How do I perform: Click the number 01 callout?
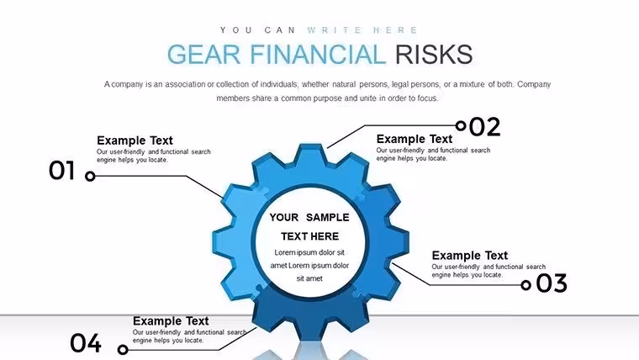coord(62,171)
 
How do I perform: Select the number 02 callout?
coord(484,127)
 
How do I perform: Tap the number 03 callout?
coord(552,283)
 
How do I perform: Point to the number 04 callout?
coord(86,343)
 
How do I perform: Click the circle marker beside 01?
coord(90,176)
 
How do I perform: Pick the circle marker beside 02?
coord(461,125)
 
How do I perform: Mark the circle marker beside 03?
coord(526,285)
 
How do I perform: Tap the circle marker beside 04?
coord(123,349)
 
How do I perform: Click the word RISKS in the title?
coord(434,55)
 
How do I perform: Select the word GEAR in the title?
coord(203,55)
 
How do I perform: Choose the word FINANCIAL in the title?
coord(318,55)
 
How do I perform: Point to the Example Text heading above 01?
coord(135,140)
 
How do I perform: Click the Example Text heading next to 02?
coord(415,139)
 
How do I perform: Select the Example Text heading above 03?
coord(470,256)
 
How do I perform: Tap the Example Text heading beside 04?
coord(171,320)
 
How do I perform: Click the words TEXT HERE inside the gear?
coord(309,236)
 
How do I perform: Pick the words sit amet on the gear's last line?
coord(309,278)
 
